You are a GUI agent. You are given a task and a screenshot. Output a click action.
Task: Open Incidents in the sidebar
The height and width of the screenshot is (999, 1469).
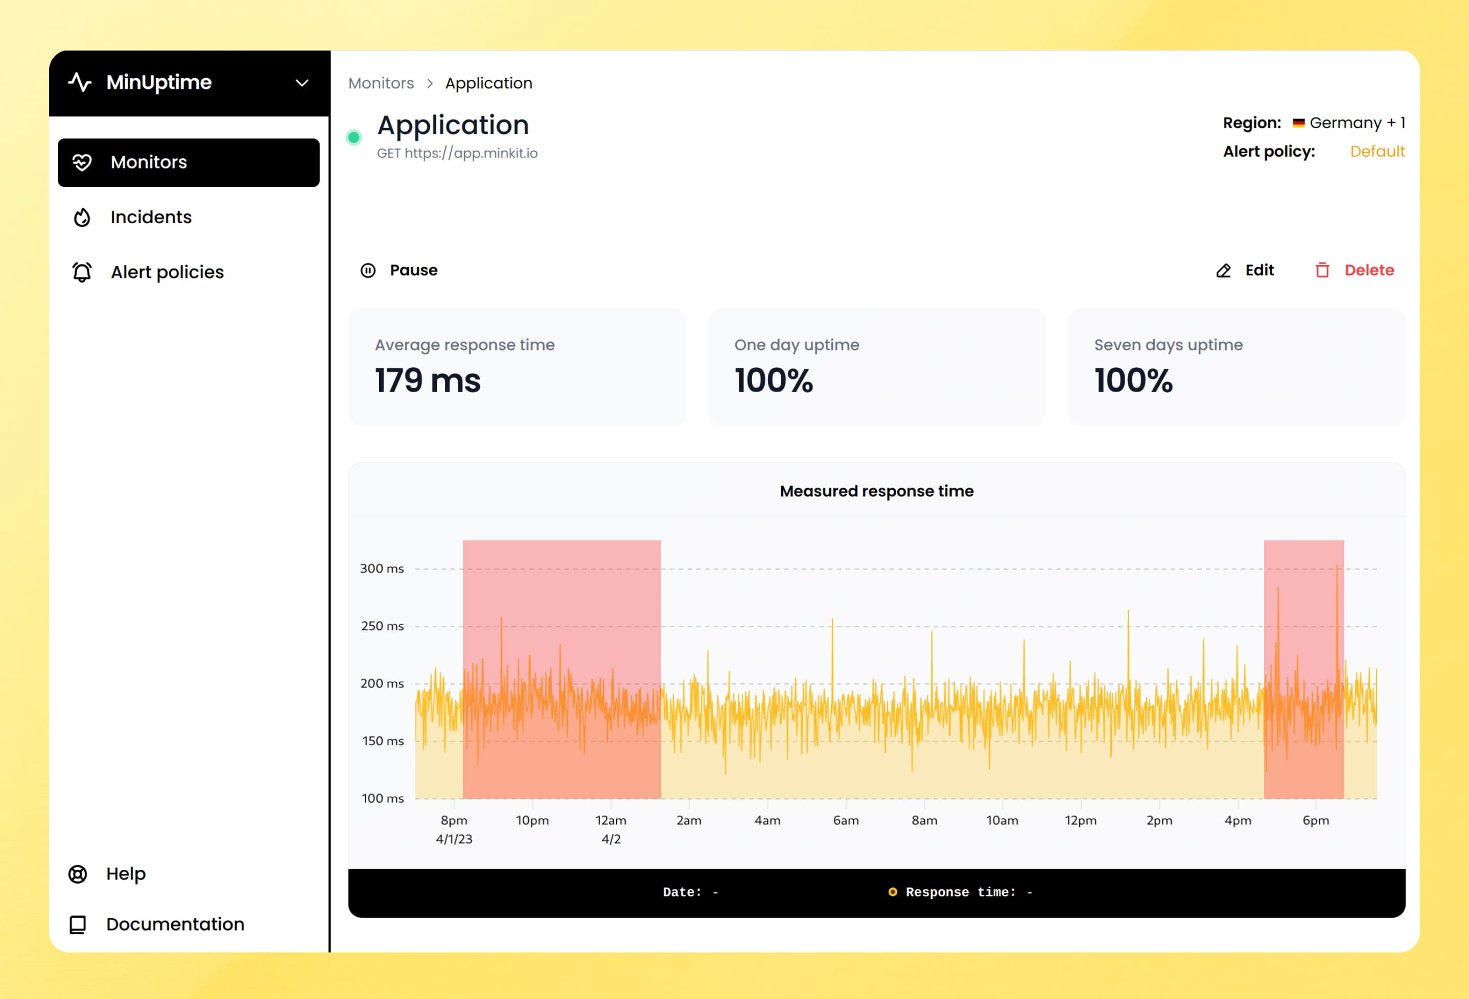click(150, 218)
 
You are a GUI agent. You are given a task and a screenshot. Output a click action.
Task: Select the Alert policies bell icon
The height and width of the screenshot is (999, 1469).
click(82, 272)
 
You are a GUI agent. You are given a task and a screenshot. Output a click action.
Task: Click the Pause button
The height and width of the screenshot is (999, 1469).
click(400, 271)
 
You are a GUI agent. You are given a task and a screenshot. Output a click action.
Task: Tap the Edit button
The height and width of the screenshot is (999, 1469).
click(1245, 271)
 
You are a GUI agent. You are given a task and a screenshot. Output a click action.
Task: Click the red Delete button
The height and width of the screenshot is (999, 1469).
click(1355, 271)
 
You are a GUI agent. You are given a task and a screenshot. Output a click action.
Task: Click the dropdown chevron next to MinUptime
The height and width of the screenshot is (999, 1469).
click(302, 83)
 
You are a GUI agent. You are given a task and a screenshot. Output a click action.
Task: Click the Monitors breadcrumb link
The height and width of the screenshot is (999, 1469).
click(381, 83)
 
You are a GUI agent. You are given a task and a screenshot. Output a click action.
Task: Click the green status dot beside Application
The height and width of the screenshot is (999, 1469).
click(354, 137)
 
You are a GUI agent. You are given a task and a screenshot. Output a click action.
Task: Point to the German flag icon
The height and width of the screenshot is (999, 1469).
click(1298, 123)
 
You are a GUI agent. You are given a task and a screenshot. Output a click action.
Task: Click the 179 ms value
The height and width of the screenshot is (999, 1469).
click(428, 381)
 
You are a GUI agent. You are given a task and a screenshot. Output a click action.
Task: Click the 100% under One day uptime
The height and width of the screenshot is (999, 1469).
click(774, 381)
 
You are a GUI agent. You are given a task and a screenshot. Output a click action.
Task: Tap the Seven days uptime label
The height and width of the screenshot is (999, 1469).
click(1168, 345)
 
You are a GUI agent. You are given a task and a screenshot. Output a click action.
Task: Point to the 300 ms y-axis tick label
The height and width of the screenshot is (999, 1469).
click(382, 568)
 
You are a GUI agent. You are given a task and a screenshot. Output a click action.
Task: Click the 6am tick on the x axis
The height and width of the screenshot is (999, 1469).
click(846, 820)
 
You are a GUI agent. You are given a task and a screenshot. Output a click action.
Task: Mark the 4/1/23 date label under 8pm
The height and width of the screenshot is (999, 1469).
click(454, 839)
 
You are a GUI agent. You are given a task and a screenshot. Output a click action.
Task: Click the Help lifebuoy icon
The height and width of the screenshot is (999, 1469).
click(78, 874)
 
